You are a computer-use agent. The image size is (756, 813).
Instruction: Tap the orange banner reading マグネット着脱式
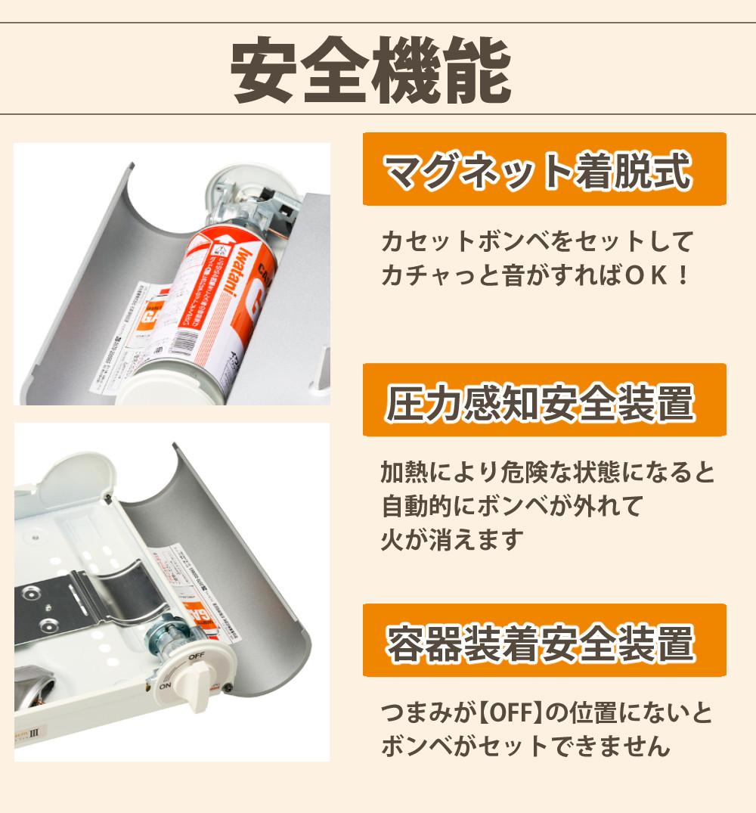point(544,169)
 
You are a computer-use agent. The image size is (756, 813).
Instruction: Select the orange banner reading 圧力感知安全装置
point(544,400)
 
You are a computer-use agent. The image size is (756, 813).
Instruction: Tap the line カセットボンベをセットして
point(537,242)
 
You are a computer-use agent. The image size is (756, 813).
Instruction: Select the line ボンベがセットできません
point(525,746)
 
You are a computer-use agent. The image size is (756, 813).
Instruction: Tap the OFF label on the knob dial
point(197,656)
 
